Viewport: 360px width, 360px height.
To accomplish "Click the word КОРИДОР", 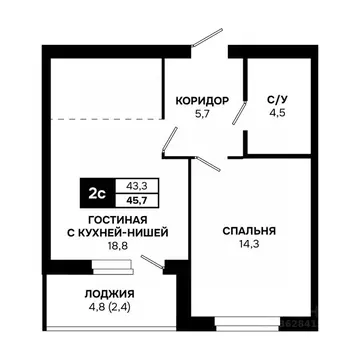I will [x=203, y=101].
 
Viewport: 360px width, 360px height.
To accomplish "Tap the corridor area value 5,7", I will [x=203, y=116].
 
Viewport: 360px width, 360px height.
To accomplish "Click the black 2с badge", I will [x=97, y=191].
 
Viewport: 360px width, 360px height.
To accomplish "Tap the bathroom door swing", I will [x=240, y=112].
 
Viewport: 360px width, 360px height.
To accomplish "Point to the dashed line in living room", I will [x=105, y=119].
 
